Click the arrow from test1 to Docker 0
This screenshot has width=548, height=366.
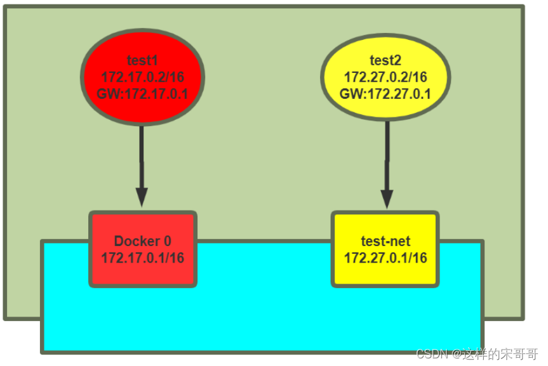(142, 159)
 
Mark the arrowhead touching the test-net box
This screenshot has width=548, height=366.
(385, 198)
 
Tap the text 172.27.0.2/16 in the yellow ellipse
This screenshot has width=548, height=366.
(385, 77)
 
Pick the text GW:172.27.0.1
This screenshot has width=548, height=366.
(385, 94)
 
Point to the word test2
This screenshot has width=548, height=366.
(385, 61)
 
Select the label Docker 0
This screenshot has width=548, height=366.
(142, 241)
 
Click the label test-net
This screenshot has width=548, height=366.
(385, 241)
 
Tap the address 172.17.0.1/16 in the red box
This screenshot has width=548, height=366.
(142, 258)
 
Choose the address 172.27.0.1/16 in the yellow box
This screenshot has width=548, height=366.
(385, 258)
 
